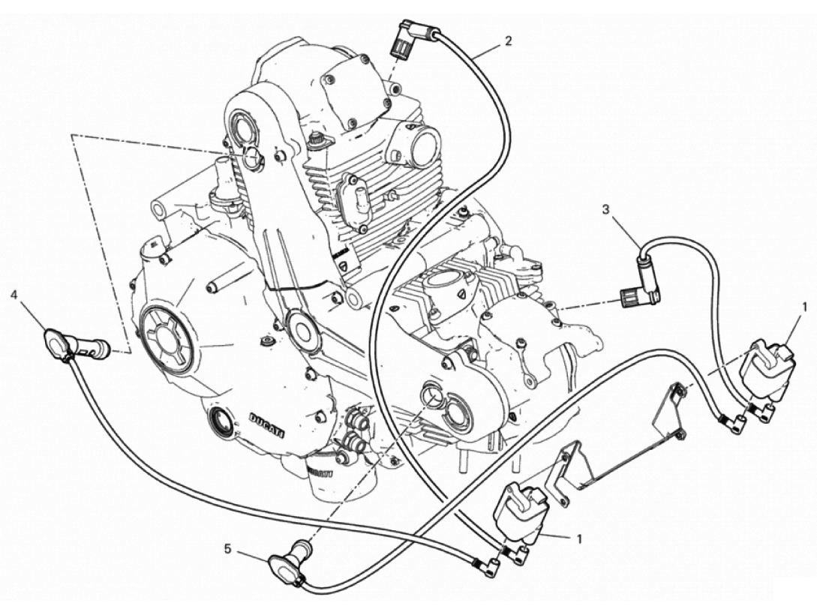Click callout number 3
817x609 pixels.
click(x=605, y=209)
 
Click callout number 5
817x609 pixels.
click(x=227, y=548)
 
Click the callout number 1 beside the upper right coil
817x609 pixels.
click(x=805, y=307)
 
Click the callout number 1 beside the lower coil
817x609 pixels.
click(x=580, y=538)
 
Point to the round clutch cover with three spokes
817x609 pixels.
click(x=167, y=340)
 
